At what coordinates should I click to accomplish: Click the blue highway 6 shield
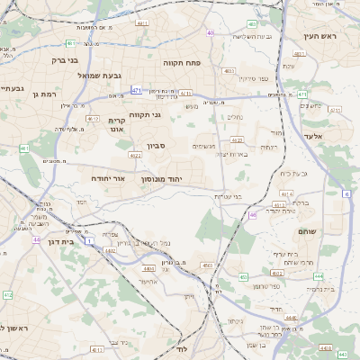tap(347, 193)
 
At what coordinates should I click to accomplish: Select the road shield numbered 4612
tap(93, 118)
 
